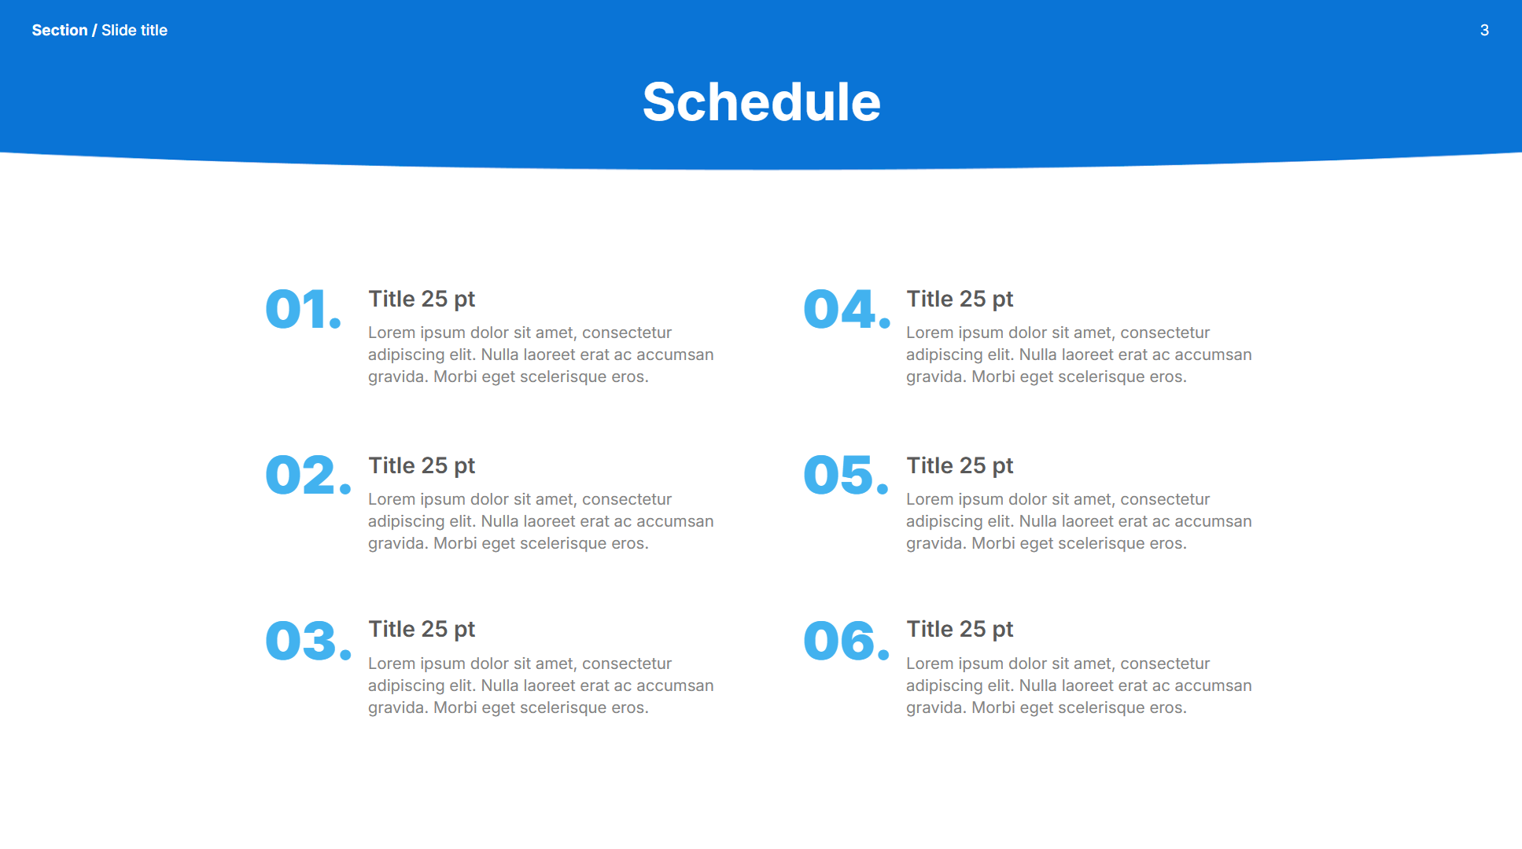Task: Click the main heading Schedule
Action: (x=761, y=102)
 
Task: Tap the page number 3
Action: (x=1484, y=31)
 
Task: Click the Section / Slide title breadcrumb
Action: (x=100, y=31)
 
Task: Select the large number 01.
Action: (x=304, y=309)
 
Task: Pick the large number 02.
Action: (x=308, y=476)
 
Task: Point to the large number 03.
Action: (x=308, y=641)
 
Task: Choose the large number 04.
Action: (x=847, y=309)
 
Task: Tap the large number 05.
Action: (x=846, y=476)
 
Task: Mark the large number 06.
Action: (x=846, y=641)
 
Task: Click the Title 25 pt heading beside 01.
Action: (x=422, y=300)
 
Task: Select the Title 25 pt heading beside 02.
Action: (x=422, y=466)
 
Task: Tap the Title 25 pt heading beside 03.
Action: (x=422, y=630)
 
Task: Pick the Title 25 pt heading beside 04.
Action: (x=960, y=300)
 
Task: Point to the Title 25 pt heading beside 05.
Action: (x=960, y=466)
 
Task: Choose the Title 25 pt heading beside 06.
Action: (x=960, y=630)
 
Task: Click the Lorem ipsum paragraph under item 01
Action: (x=541, y=355)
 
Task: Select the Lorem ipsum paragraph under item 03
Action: (x=541, y=685)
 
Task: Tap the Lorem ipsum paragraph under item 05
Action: (x=1079, y=521)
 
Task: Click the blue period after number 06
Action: (x=883, y=653)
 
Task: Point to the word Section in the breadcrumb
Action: (x=60, y=31)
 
